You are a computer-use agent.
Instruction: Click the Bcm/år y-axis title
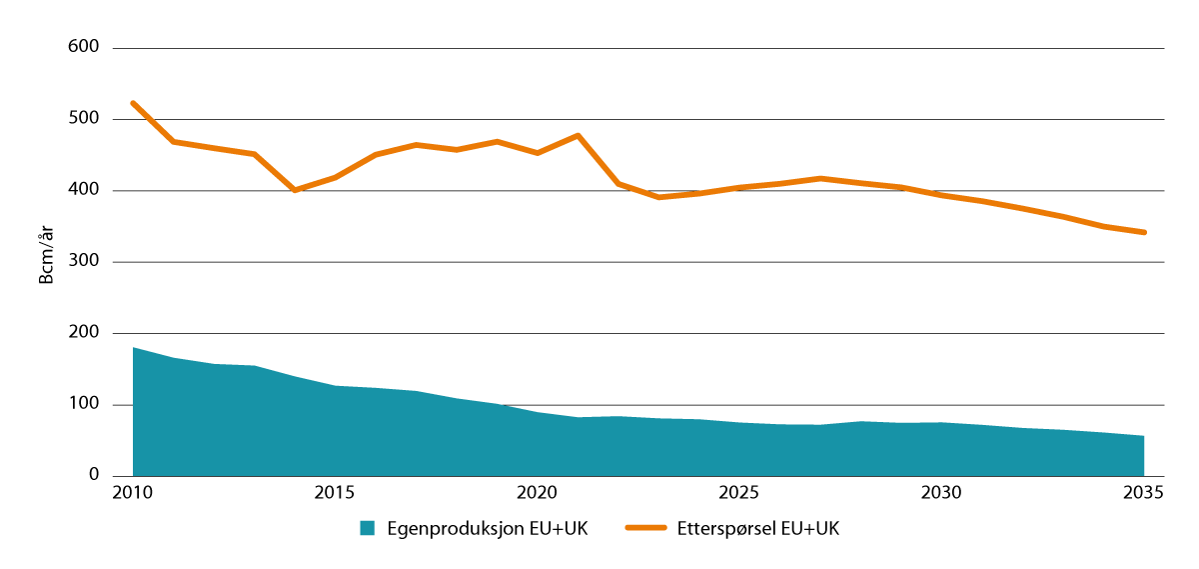(46, 262)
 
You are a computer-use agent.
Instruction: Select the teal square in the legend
(368, 529)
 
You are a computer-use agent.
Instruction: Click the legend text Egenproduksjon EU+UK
(487, 529)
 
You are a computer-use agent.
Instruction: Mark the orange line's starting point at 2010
(133, 103)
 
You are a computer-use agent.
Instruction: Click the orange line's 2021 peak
(578, 135)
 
